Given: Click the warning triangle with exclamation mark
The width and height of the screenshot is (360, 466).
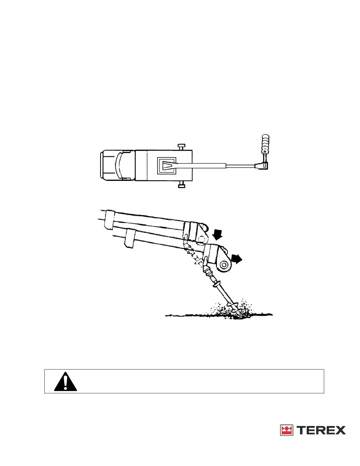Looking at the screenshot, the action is (65, 382).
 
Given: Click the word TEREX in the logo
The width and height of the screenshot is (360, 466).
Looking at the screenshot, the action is (321, 430).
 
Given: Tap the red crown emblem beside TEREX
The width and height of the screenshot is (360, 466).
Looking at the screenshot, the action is (286, 430).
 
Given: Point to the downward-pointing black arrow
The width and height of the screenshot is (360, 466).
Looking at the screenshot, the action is (218, 235).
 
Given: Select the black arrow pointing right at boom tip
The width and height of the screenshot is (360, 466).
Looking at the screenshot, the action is (237, 259).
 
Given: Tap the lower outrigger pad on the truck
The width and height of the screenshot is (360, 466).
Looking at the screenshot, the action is (181, 185).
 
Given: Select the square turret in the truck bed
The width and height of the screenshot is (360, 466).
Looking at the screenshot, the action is (166, 166).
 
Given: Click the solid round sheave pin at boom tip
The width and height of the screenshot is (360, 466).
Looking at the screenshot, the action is (224, 265).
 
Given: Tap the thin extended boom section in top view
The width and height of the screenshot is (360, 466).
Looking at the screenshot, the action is (240, 166).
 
